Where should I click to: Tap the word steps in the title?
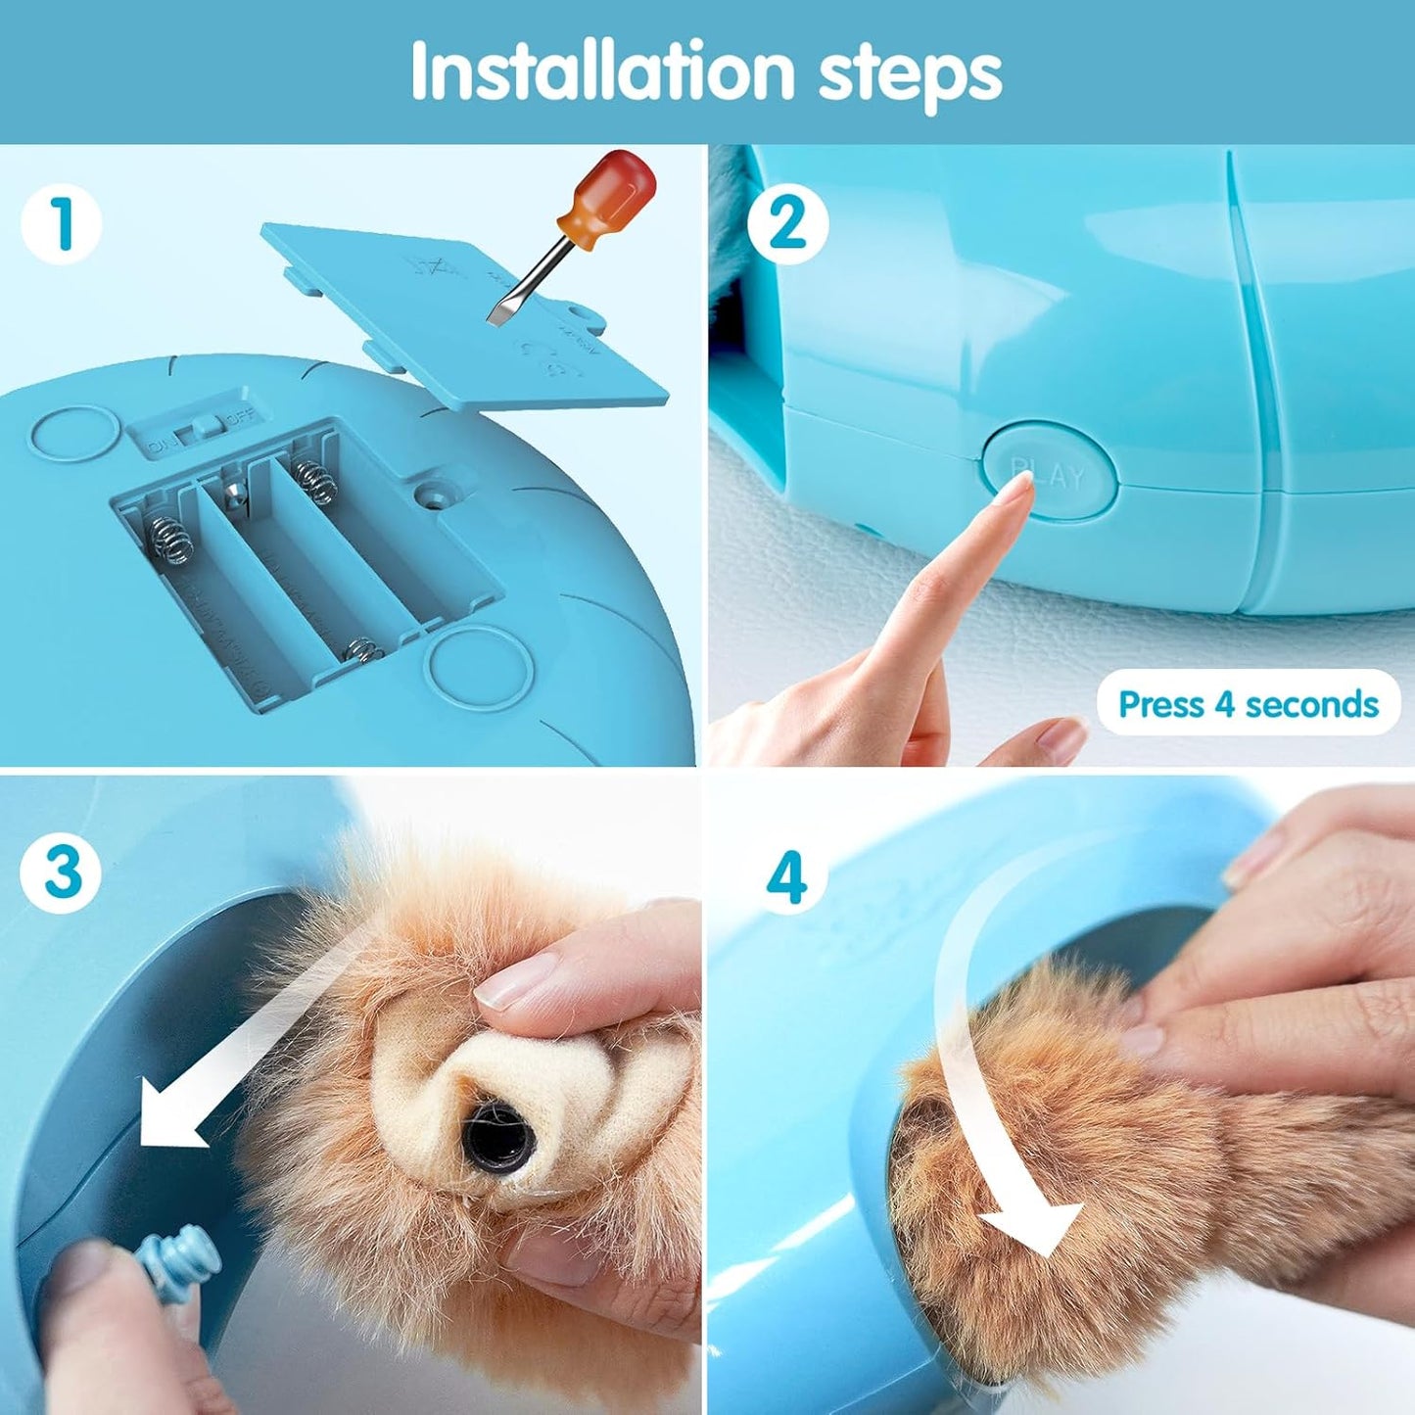910,72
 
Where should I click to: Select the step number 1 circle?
61,223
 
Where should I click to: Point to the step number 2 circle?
787,223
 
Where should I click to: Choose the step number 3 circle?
61,872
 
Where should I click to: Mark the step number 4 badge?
787,876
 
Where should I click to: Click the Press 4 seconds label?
1248,704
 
